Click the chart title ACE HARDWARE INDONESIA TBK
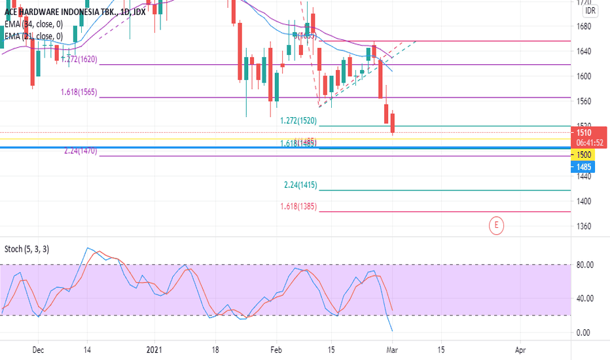[x=55, y=11]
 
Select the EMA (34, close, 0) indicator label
[x=33, y=24]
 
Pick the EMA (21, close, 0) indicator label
[x=33, y=36]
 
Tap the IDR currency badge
[x=590, y=11]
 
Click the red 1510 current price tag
[x=584, y=132]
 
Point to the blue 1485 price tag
[x=584, y=166]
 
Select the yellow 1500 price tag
[x=584, y=154]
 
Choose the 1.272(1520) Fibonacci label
[x=298, y=121]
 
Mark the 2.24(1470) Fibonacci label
[x=81, y=151]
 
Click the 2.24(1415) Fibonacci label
[x=300, y=185]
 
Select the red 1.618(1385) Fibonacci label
[x=298, y=207]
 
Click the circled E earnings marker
[x=497, y=226]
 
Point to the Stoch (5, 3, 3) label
[x=27, y=249]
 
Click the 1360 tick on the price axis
[x=584, y=226]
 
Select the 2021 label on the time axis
[x=154, y=350]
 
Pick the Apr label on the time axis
[x=520, y=350]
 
